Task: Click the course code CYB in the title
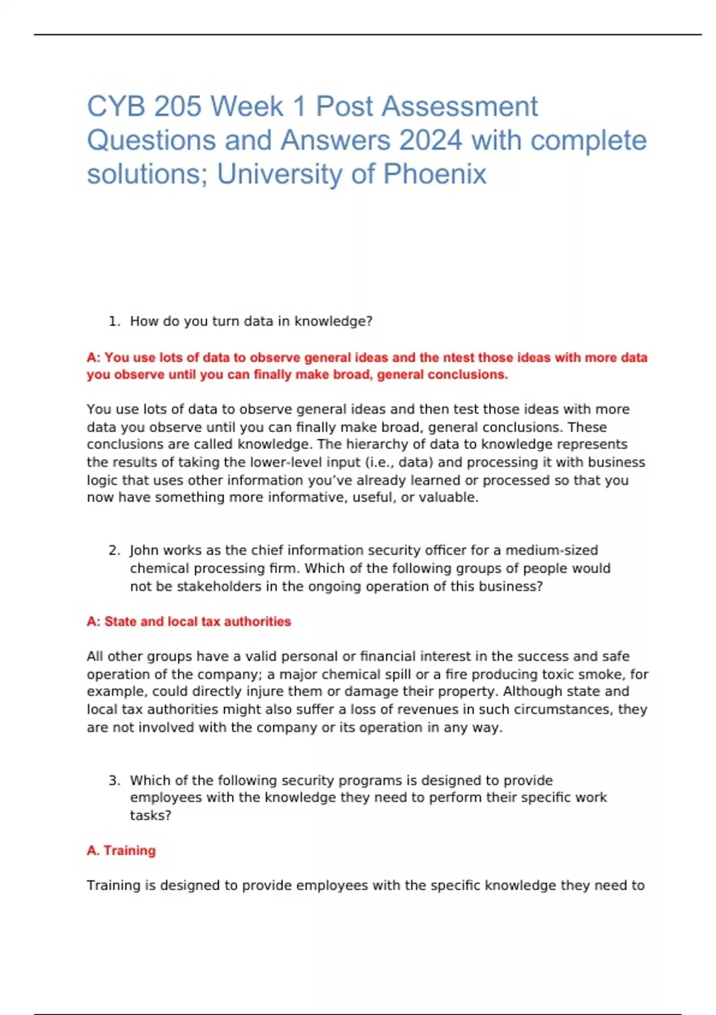coord(115,107)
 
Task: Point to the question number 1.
coord(114,321)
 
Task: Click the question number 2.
coord(114,550)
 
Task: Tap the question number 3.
coord(114,780)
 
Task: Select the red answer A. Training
coord(121,850)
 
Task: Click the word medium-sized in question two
coord(551,550)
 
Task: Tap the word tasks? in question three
coord(150,816)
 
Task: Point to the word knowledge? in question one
coord(333,321)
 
